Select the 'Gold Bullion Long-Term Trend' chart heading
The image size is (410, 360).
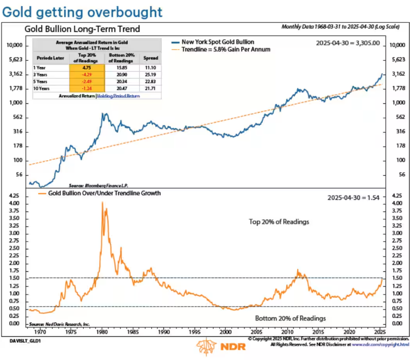(x=84, y=29)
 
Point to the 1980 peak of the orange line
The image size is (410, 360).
(x=102, y=202)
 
